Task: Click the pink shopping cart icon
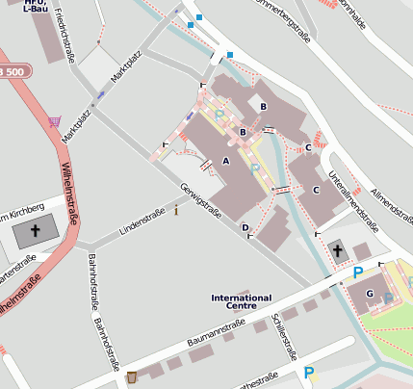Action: pos(54,122)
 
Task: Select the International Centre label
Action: pos(241,302)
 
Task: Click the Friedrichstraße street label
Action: pos(65,35)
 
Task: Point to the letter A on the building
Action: pos(226,161)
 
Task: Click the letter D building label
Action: pos(245,228)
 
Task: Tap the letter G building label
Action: pos(370,294)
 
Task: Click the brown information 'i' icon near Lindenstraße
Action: pos(175,210)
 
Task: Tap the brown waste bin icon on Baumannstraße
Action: pos(132,376)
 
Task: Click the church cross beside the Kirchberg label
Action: pos(37,230)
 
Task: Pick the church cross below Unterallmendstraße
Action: pos(337,251)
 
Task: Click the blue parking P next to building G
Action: pos(358,273)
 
